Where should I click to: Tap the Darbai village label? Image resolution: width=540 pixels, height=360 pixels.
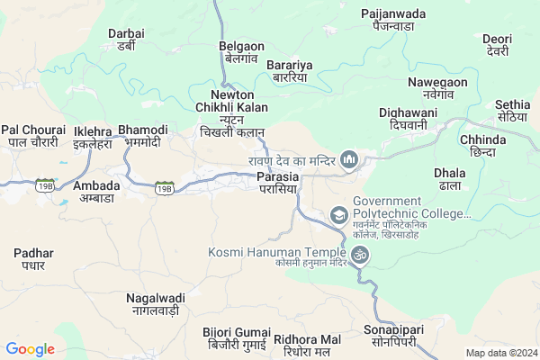point(126,40)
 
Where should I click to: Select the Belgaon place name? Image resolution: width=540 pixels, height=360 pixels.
point(240,51)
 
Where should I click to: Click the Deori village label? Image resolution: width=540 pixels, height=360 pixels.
point(497,46)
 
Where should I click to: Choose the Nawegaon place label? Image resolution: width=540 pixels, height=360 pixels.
point(437,88)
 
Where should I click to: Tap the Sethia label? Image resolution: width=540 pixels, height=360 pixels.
point(512,111)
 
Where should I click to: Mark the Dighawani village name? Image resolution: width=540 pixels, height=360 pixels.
point(408,119)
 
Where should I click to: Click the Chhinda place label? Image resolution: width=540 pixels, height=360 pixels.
point(483,146)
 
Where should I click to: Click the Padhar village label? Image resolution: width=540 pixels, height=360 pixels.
point(34,259)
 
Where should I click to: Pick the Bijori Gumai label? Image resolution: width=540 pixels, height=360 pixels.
point(235,338)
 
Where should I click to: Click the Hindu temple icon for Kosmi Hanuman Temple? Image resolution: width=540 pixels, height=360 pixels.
point(359,255)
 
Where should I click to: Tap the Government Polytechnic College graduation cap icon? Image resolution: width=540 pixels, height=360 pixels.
point(339,214)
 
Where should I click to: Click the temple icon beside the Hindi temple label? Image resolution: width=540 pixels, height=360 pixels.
point(351,161)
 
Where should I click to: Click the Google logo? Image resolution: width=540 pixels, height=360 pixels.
point(31,349)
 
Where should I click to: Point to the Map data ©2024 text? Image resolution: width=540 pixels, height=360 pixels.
point(500,353)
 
